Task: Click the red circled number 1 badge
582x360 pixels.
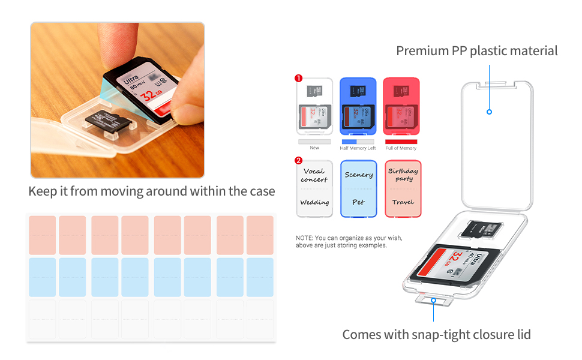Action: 298,78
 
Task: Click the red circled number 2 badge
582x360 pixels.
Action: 298,160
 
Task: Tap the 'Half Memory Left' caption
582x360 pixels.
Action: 358,148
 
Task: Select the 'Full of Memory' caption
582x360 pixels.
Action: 401,148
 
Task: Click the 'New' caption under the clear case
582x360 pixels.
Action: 314,148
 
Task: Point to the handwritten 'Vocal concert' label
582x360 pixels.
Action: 314,175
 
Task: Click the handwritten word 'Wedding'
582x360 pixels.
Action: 314,202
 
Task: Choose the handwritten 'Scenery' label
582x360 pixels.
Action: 358,175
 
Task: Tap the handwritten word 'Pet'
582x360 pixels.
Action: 358,202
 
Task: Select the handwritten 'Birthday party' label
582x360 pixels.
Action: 403,175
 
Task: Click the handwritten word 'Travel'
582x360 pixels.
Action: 403,202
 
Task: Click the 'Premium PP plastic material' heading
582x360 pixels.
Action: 477,51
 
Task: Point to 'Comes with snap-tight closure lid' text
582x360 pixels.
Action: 436,334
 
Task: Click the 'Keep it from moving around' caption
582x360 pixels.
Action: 152,191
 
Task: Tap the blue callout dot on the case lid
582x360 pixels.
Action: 490,112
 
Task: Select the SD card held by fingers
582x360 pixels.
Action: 144,91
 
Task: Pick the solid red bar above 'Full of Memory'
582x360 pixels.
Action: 401,142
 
